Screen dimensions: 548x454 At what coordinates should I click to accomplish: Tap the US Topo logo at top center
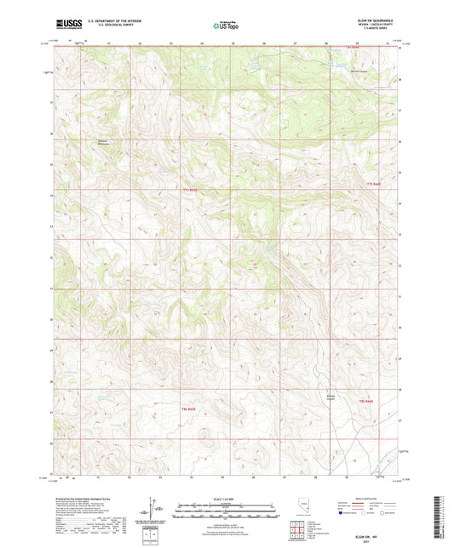click(x=226, y=26)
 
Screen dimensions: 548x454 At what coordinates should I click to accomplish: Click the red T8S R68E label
click(x=367, y=400)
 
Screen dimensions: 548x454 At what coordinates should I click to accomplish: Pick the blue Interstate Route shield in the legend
click(x=344, y=514)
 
